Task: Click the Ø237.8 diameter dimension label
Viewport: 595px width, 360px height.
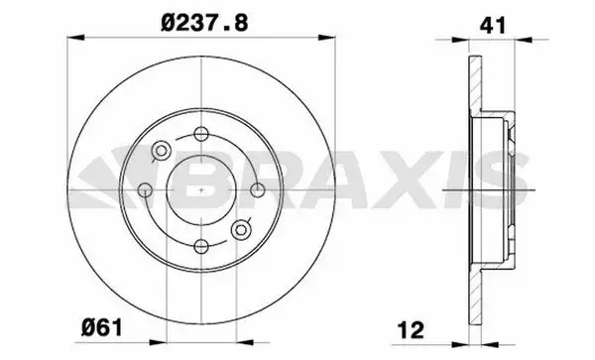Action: pyautogui.click(x=204, y=23)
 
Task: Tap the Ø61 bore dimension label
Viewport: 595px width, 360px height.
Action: pyautogui.click(x=102, y=327)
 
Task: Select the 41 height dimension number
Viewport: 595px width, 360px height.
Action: pyautogui.click(x=493, y=25)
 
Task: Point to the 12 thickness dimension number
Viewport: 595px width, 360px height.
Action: pyautogui.click(x=411, y=330)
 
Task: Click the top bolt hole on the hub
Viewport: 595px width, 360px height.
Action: pyautogui.click(x=201, y=134)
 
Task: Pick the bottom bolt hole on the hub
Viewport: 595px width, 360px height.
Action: pyautogui.click(x=201, y=246)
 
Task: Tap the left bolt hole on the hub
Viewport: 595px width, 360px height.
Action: pyautogui.click(x=145, y=189)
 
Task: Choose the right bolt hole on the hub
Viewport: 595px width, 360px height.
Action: pyautogui.click(x=258, y=189)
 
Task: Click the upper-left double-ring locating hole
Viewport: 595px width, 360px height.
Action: pyautogui.click(x=162, y=151)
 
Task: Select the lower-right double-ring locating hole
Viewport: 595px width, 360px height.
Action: pyautogui.click(x=241, y=229)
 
